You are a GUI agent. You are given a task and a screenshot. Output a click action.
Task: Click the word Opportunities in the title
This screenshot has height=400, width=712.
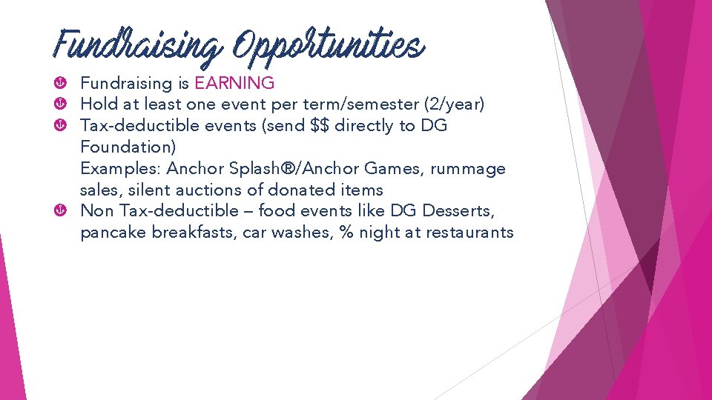click(x=329, y=46)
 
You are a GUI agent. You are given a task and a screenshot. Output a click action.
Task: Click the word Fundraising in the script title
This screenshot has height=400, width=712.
click(x=137, y=46)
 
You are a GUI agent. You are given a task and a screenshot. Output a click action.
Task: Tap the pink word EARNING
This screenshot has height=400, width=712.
click(x=234, y=84)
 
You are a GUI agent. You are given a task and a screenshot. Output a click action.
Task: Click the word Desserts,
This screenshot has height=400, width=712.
click(x=458, y=210)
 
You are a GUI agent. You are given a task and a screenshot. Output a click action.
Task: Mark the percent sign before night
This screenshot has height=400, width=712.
click(x=346, y=232)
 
